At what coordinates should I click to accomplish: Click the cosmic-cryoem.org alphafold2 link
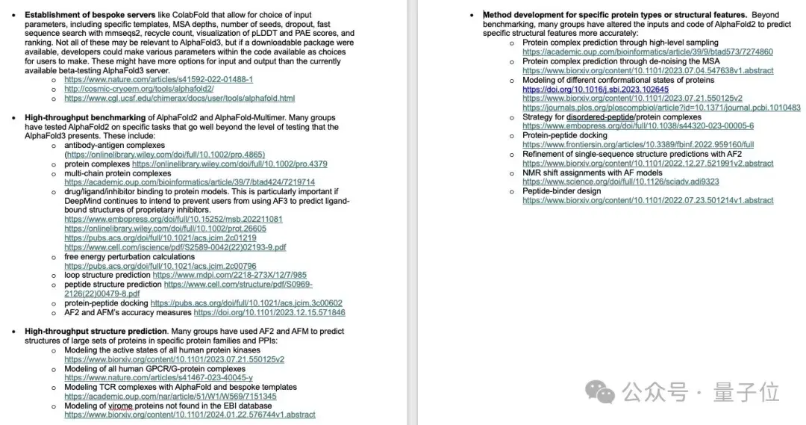(128, 88)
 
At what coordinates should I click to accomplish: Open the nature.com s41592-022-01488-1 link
(158, 78)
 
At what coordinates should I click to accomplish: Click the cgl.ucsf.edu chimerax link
(179, 98)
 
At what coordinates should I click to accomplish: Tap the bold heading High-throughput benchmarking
(85, 117)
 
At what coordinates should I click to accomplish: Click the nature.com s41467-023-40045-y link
(158, 378)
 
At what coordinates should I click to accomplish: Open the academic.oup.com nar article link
(170, 397)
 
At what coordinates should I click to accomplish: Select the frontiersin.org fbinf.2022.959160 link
(638, 144)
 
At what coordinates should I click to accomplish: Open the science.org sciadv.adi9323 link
(620, 182)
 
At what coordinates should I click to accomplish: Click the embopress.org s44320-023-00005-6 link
(637, 126)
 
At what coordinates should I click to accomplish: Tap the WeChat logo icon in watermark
(599, 391)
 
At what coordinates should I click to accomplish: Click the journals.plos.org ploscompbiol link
(661, 108)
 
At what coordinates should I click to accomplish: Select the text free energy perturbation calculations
(129, 256)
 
